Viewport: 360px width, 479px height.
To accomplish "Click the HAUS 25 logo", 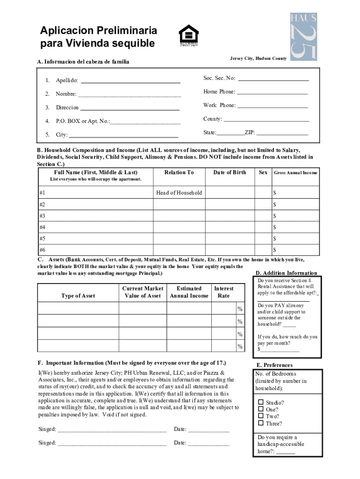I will coord(303,36).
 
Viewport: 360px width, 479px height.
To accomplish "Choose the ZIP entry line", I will coord(282,133).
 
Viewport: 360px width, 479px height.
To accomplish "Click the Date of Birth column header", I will coord(230,173).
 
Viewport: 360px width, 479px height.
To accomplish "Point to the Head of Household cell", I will coord(179,193).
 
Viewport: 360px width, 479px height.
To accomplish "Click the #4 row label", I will coord(43,227).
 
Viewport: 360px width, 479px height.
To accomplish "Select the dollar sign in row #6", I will coord(275,250).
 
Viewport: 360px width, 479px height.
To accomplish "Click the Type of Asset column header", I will coord(78,296).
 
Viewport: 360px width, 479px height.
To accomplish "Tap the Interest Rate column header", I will coord(223,292).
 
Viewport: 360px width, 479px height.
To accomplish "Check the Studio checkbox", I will coord(261,402).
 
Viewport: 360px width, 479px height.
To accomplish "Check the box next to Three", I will coord(261,423).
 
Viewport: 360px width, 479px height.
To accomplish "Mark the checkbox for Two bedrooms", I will coord(261,416).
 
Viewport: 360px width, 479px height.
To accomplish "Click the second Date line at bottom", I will coord(209,443).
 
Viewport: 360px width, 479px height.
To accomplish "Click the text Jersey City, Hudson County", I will coord(258,58).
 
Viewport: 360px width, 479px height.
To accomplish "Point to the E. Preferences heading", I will coord(274,365).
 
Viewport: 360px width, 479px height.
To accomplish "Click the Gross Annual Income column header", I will coord(295,173).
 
